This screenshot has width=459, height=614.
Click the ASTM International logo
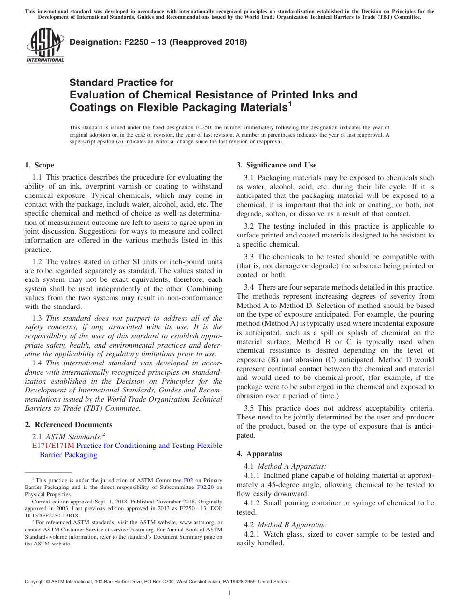point(44,46)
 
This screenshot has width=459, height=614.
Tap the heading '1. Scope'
point(39,165)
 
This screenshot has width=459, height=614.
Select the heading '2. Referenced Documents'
point(69,425)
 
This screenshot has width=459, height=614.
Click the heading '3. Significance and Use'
point(276,165)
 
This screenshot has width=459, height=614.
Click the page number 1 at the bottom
point(229,593)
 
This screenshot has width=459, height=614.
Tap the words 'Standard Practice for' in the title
point(121,83)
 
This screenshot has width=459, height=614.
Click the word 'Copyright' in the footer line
point(35,582)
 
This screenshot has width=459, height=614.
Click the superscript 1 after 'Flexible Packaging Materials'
point(290,103)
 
